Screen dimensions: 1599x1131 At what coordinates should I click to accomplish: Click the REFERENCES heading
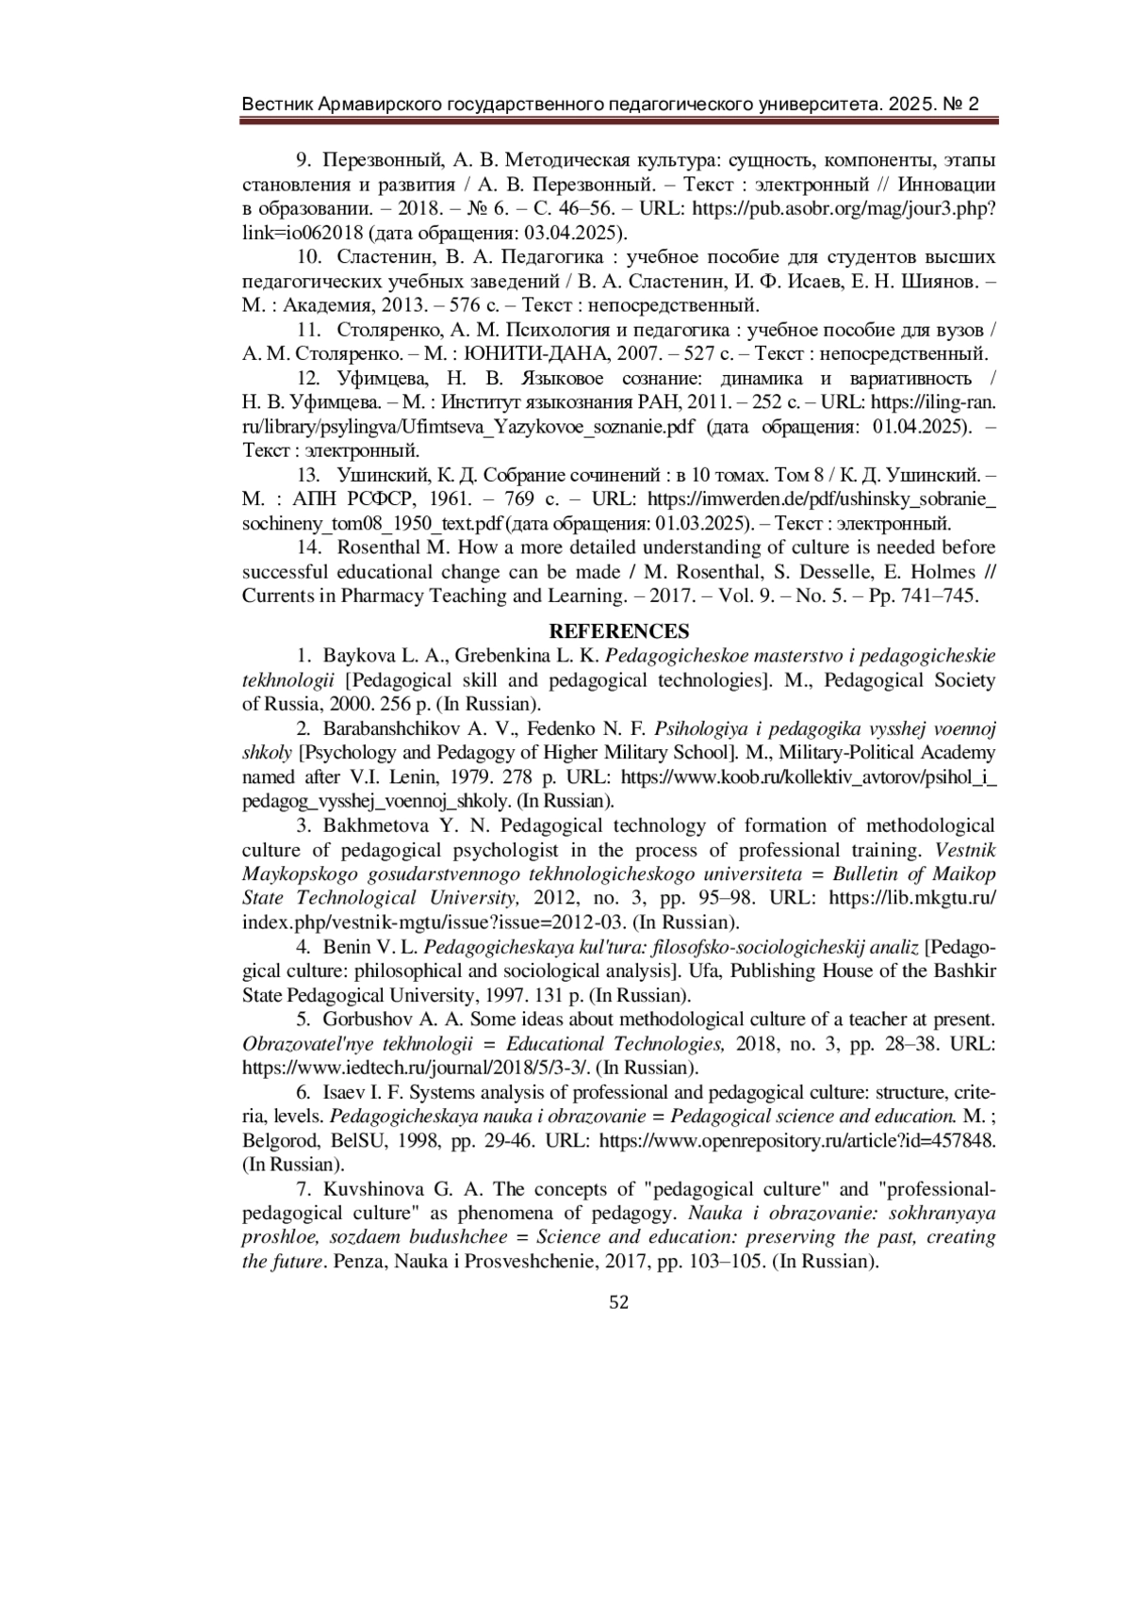pyautogui.click(x=619, y=631)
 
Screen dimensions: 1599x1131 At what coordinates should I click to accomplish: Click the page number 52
pyautogui.click(x=619, y=1303)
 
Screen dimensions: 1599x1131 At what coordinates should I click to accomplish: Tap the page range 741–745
pyautogui.click(x=944, y=596)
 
